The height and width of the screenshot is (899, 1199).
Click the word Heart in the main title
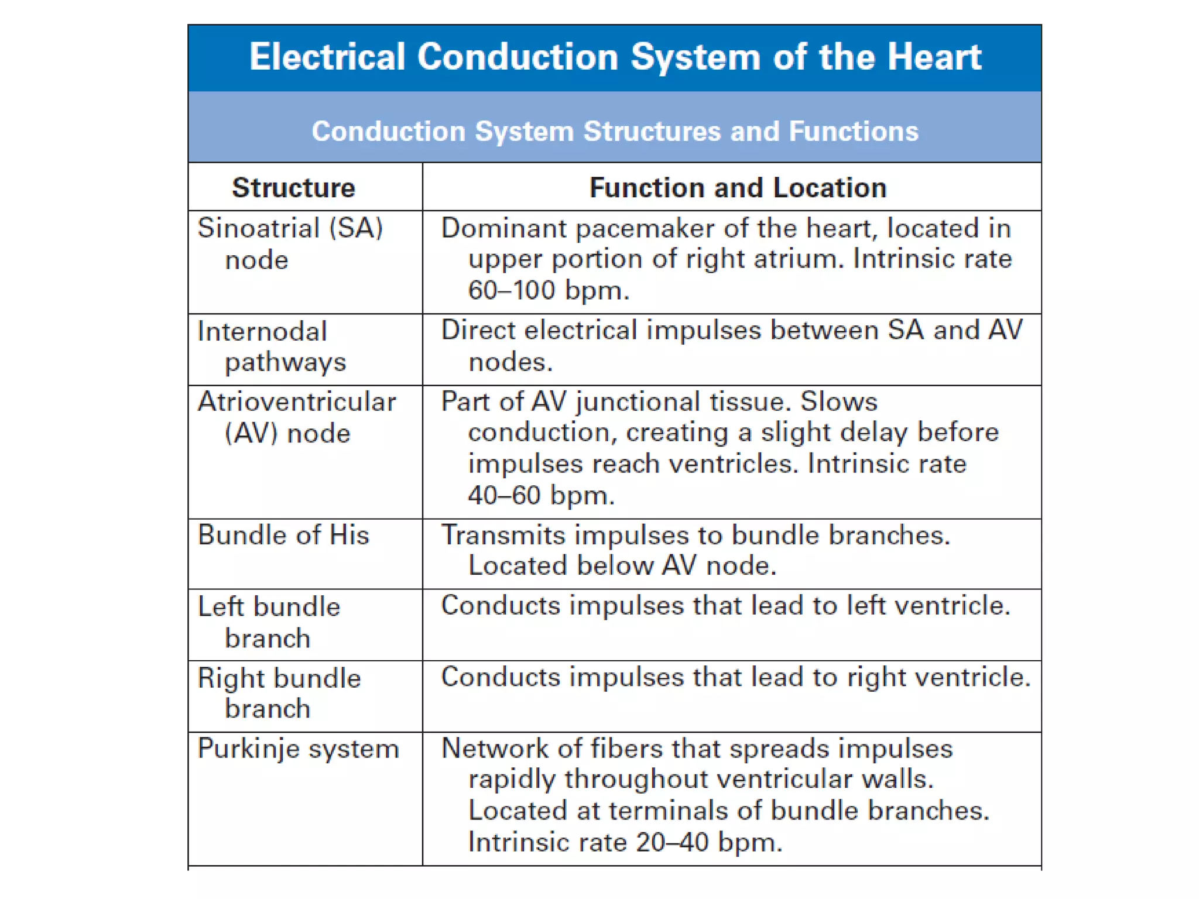[934, 57]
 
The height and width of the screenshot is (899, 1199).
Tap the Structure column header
[293, 188]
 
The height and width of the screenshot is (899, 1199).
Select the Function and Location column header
[738, 188]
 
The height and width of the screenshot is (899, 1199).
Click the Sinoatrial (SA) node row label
[290, 243]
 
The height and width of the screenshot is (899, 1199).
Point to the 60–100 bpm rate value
[548, 290]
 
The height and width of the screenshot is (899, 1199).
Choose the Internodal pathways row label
[271, 346]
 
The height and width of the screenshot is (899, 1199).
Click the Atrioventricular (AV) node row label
[296, 417]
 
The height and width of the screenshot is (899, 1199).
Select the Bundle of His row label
[283, 535]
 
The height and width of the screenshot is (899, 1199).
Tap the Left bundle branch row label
[269, 622]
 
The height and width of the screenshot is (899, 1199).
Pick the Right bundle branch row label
[279, 694]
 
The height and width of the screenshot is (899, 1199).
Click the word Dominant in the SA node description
[503, 228]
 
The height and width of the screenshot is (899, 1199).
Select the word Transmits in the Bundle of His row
[503, 535]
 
